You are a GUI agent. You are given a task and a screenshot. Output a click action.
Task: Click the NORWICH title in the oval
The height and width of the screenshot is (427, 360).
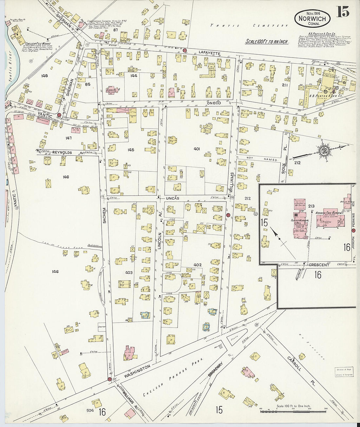(312, 19)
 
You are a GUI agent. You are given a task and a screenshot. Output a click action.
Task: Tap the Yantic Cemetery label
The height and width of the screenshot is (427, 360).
(249, 26)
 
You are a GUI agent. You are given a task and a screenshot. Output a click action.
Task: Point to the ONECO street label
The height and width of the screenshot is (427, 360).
(214, 103)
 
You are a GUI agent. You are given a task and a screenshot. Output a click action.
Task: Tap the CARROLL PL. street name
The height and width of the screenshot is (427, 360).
(299, 369)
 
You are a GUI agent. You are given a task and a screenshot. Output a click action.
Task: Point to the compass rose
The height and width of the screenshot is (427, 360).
(324, 151)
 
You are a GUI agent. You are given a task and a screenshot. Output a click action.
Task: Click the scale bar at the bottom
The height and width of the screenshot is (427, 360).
(293, 411)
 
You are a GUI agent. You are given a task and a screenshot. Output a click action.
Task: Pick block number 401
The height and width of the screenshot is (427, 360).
(197, 149)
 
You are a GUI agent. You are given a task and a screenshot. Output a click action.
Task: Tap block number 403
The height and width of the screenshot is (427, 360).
(129, 272)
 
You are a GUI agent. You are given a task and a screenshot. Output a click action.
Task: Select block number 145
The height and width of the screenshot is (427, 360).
(131, 150)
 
